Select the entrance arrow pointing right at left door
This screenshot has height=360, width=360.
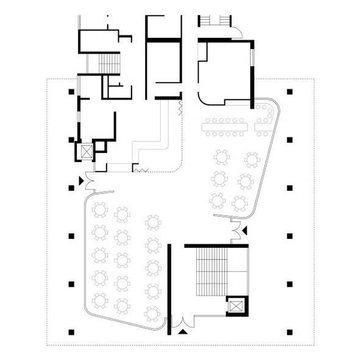(80, 180)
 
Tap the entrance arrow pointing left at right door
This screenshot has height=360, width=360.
(245, 231)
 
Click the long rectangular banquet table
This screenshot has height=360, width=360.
(228, 126)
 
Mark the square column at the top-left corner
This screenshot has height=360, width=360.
(72, 92)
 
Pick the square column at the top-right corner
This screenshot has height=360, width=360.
(290, 92)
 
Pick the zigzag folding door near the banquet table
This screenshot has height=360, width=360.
(180, 107)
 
